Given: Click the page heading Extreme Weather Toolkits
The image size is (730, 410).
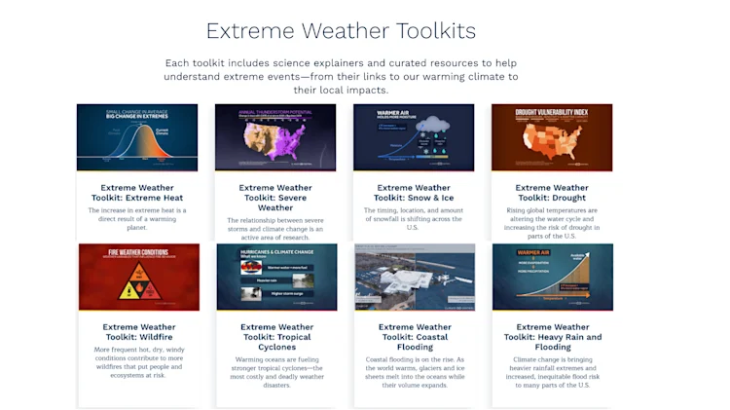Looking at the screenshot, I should click(341, 30).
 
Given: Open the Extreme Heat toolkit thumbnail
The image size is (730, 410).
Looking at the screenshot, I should click(137, 137).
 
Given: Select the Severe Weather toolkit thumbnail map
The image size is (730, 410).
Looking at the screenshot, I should click(275, 137).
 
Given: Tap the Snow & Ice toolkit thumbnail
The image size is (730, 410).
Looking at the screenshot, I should click(414, 137).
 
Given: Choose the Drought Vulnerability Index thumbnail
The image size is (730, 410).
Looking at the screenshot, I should click(552, 137).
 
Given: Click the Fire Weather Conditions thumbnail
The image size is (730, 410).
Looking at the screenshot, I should click(137, 277).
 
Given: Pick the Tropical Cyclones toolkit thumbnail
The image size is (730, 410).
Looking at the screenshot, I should click(275, 277).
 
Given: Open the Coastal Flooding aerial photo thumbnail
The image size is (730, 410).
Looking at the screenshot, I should click(414, 277).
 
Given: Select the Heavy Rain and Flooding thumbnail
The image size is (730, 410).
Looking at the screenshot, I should click(552, 277).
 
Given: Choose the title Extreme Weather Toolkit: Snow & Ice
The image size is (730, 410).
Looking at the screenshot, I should click(415, 193).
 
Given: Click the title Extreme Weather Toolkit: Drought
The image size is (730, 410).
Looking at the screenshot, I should click(552, 193).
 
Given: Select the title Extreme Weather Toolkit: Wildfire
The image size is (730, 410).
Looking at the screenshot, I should click(138, 332).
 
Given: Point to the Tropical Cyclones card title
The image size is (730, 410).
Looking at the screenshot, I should click(276, 337).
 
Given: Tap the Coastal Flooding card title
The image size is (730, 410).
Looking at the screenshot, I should click(415, 337).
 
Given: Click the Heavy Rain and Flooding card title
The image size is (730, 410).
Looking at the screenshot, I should click(553, 337).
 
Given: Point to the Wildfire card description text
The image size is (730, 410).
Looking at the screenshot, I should click(137, 361).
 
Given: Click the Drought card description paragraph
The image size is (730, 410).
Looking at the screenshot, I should click(552, 224).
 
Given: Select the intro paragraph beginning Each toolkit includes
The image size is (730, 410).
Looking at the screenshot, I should click(341, 76).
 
